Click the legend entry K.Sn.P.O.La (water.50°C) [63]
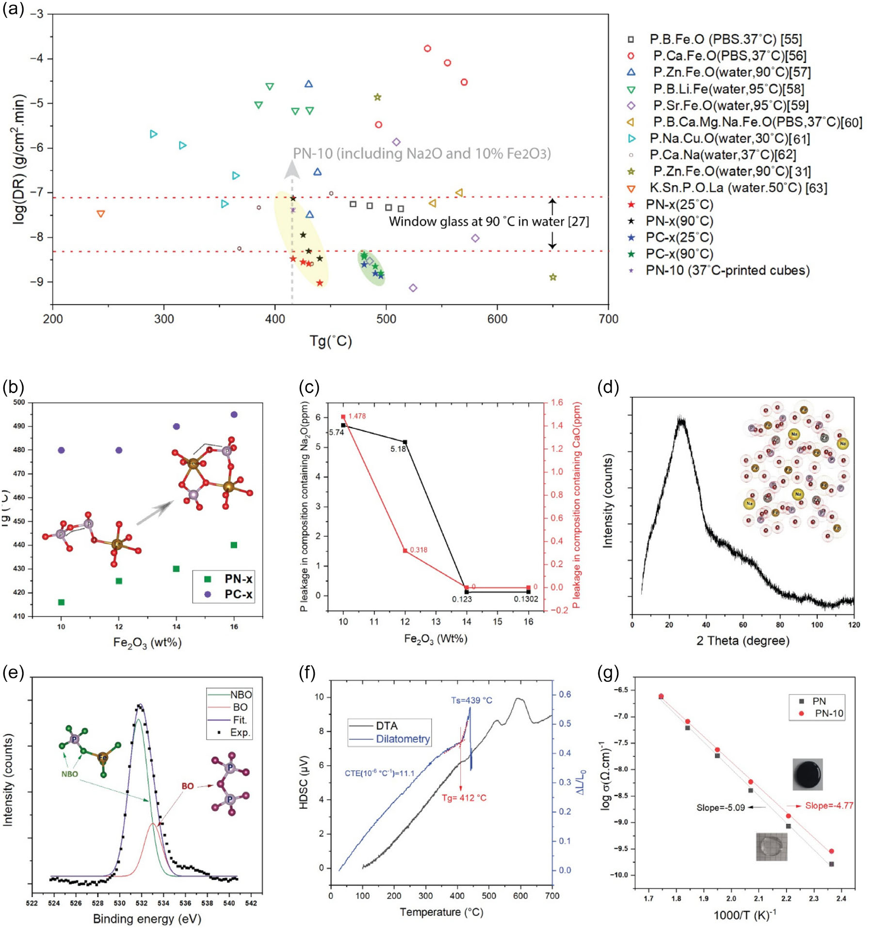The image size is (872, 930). click(x=738, y=188)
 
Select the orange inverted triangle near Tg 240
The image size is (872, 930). click(x=100, y=214)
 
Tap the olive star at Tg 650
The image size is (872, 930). click(x=553, y=277)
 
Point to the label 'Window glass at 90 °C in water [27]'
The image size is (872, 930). click(x=488, y=222)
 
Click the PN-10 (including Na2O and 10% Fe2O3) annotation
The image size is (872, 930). click(x=421, y=154)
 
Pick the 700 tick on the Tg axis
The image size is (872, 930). click(x=608, y=319)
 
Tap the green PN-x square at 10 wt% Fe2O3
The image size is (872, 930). click(x=61, y=602)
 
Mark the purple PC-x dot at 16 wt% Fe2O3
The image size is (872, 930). click(x=234, y=414)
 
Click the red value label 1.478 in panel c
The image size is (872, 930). click(x=357, y=416)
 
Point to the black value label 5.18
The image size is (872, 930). click(x=398, y=449)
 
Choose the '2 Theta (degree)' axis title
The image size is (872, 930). click(x=743, y=641)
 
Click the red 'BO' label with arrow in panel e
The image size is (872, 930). click(x=188, y=786)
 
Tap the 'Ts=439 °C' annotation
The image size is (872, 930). click(x=471, y=700)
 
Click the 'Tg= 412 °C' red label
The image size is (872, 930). click(x=464, y=798)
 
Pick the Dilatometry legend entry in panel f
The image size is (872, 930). click(x=403, y=739)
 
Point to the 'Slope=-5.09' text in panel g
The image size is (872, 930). click(x=720, y=807)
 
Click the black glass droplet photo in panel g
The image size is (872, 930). click(x=807, y=774)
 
